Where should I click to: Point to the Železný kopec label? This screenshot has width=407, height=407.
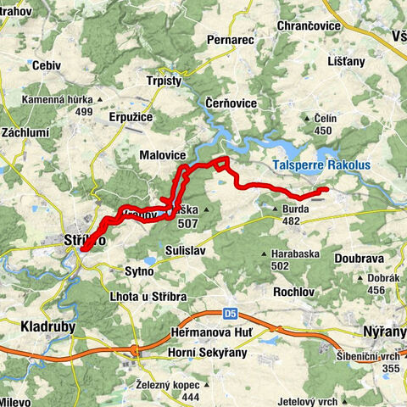point(168,385)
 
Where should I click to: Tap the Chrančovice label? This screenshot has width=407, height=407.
point(309,26)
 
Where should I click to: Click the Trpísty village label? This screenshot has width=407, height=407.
point(164,81)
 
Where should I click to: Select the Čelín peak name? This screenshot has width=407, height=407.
point(326,119)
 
